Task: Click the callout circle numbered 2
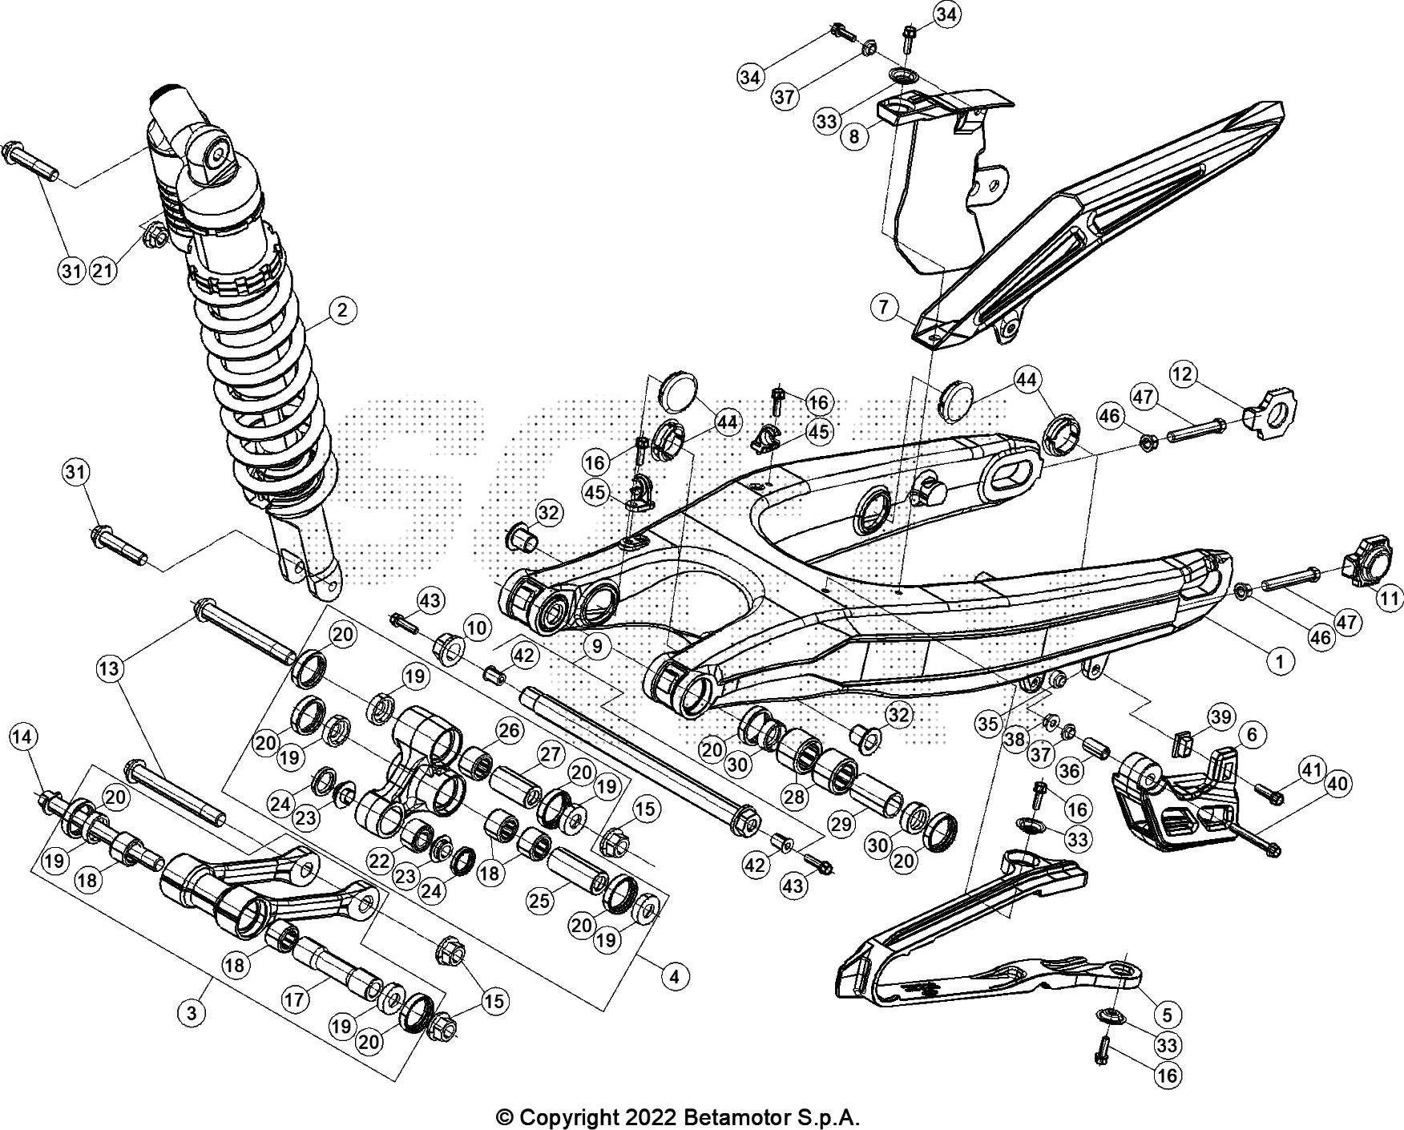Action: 341,311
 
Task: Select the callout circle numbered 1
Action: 1279,661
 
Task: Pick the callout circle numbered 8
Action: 854,136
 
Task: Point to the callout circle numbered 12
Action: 1183,373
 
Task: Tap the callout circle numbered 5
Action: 1167,1015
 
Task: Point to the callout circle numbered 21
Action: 103,271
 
